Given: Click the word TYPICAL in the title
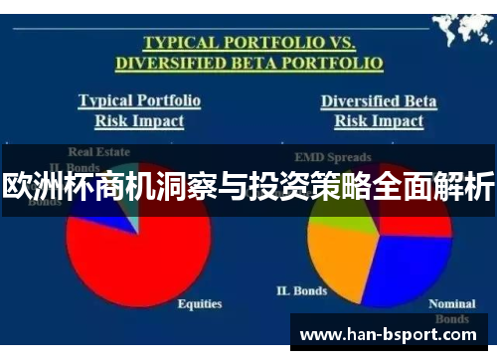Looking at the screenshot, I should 180,43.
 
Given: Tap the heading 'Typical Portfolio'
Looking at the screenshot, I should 139,100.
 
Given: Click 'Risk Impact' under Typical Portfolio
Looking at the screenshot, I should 139,120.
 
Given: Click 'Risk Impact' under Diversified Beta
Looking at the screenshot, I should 379,120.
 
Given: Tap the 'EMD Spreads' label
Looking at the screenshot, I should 333,157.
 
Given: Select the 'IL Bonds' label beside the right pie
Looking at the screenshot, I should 300,290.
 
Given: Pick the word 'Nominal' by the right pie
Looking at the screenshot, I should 451,303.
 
